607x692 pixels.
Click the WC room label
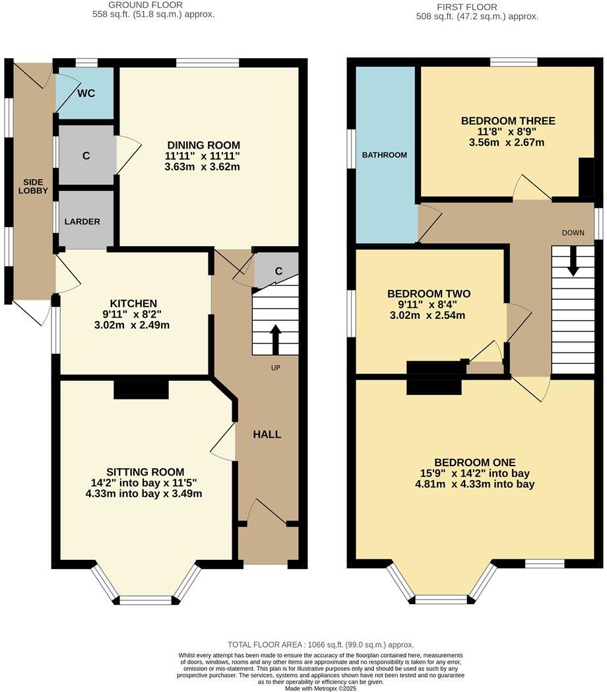tap(86, 93)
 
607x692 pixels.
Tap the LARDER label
tap(82, 221)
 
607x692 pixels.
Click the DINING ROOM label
tap(203, 145)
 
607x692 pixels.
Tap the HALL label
tap(267, 434)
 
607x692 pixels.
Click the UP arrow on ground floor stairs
tap(275, 339)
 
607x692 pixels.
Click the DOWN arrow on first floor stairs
tap(573, 261)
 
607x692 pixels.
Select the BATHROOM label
tap(385, 155)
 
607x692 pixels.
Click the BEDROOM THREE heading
tap(508, 121)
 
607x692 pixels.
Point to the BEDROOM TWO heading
tap(429, 294)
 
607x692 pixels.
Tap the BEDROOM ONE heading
tap(475, 462)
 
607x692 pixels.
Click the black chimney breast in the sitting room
tap(141, 390)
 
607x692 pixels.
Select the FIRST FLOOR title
tap(476, 7)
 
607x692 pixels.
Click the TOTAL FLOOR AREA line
tap(321, 644)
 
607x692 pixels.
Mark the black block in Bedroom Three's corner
tap(586, 176)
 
